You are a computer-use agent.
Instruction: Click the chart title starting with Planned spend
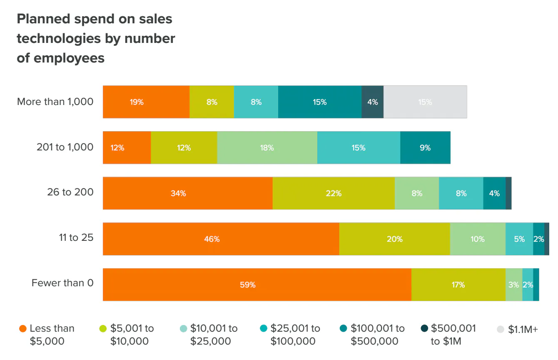pos(96,38)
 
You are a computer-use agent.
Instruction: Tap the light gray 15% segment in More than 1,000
pos(425,102)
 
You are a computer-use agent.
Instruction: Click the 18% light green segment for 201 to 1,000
pos(267,147)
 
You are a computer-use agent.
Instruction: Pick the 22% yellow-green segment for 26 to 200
pos(334,193)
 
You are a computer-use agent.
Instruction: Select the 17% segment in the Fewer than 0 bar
pos(458,285)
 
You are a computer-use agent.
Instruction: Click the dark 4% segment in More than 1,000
pos(372,102)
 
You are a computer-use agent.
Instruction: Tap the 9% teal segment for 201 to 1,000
pos(425,147)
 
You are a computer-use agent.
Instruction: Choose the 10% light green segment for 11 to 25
pos(478,239)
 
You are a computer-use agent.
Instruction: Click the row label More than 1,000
pos(55,102)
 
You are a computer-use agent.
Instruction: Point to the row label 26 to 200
pos(70,192)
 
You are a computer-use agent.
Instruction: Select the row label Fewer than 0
pos(62,283)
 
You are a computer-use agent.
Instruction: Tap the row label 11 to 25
pos(76,237)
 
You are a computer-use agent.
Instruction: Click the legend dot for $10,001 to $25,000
pos(183,329)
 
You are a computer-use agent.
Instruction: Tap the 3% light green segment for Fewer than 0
pos(513,285)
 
